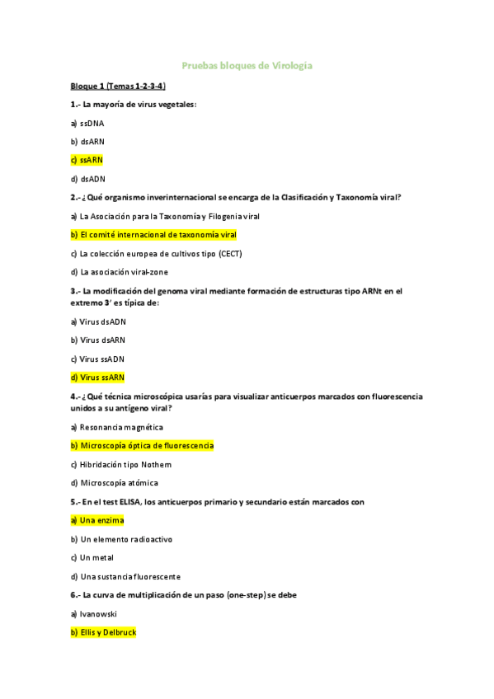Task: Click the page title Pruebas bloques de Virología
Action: [247, 65]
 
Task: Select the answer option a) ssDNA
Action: [87, 123]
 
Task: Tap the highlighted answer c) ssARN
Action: [87, 160]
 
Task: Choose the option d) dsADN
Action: [87, 179]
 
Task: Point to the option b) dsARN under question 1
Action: [87, 142]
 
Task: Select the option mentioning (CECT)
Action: [156, 253]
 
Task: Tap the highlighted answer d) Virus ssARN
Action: [97, 378]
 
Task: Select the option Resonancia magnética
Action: [116, 427]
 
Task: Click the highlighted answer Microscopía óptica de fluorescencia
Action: [142, 446]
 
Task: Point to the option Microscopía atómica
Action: [114, 483]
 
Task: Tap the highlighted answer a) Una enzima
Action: [97, 520]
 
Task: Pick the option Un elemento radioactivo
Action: [121, 539]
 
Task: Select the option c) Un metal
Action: [92, 558]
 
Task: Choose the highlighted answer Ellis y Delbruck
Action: [103, 632]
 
